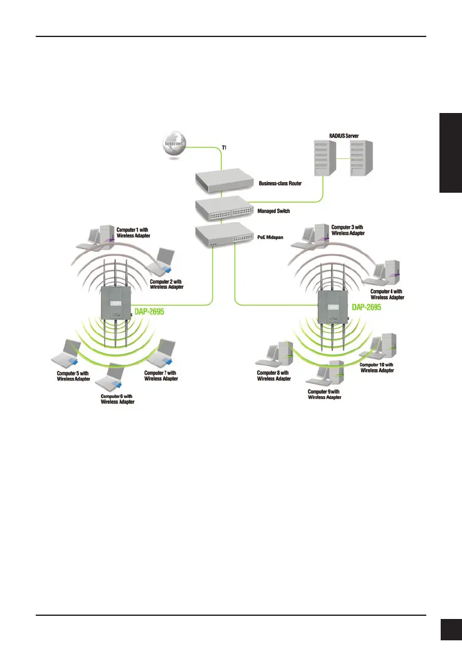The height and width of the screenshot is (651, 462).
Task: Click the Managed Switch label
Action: coord(274,212)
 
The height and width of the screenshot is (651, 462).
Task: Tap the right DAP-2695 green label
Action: coord(367,307)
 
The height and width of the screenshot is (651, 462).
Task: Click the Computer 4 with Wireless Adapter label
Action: coord(387,294)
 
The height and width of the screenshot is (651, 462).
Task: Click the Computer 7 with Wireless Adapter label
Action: coord(160,376)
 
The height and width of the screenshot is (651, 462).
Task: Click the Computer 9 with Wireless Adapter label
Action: coord(325,394)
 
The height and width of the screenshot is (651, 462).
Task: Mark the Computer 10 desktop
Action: coord(381,347)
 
